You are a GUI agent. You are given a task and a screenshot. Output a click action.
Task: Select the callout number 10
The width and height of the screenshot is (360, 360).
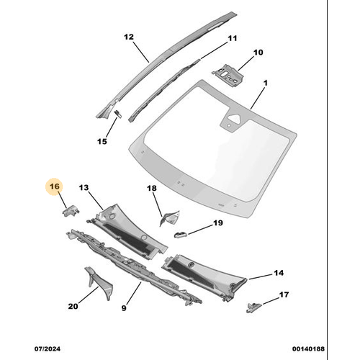[x=258, y=52]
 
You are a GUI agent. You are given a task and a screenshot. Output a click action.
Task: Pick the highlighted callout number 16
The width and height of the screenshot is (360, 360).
[x=55, y=187]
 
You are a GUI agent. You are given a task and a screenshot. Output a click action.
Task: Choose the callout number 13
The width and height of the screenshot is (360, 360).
[x=84, y=187]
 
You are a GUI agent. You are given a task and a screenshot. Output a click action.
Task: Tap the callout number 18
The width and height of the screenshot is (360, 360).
[x=151, y=189]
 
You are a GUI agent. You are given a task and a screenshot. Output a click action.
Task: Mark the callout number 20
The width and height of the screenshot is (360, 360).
[x=72, y=307]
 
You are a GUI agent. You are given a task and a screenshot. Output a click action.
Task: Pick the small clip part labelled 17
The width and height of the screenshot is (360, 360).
[x=252, y=305]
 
